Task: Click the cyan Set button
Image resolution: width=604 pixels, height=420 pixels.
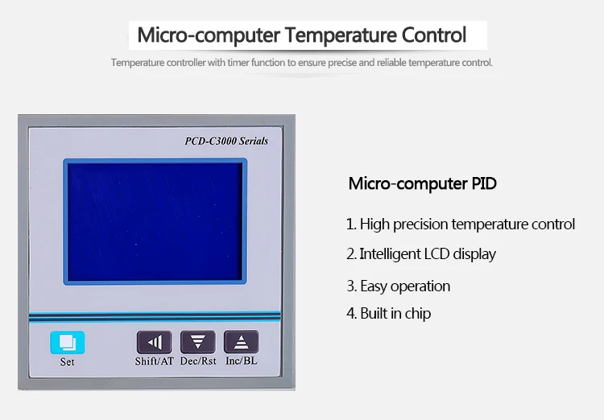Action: point(68,342)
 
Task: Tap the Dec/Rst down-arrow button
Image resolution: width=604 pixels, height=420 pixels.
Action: point(197,341)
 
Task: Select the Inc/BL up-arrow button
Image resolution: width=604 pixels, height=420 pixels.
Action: point(241,341)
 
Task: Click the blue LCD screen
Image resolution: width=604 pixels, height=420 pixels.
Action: point(155,221)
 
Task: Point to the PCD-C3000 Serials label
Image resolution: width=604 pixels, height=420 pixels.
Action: point(226,141)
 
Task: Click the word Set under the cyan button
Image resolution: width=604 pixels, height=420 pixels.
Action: point(67,362)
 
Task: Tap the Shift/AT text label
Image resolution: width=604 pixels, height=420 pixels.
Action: point(154,361)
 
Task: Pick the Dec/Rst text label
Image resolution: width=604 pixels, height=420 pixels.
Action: point(198,361)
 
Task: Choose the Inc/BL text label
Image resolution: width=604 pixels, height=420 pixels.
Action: point(241,360)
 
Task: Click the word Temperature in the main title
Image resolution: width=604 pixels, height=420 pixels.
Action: point(341,35)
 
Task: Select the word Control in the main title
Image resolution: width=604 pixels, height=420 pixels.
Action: point(434,35)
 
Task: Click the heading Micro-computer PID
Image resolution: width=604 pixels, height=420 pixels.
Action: point(423,183)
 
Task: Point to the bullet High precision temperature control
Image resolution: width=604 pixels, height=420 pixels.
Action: point(461,224)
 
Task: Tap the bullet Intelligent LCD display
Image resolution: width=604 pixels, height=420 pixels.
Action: point(421,254)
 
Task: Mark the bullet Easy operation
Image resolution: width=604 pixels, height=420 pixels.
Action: point(399,286)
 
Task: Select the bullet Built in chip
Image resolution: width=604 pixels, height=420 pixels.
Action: point(389,313)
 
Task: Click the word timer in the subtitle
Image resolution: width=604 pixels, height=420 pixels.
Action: point(238,63)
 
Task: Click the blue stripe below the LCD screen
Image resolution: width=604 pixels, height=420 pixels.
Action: point(155,317)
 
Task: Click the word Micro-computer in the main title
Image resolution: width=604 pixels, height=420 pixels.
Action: point(209,35)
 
